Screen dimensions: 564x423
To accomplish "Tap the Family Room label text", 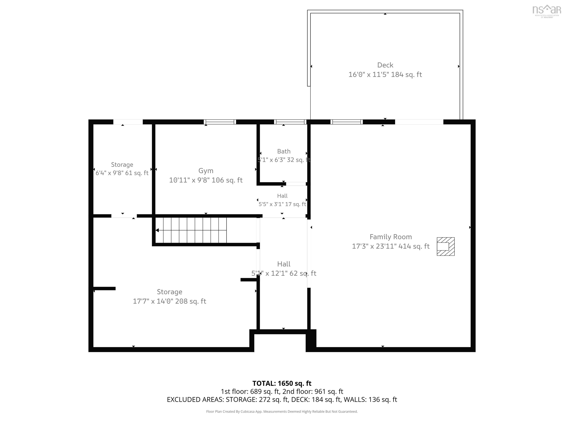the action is point(391,237).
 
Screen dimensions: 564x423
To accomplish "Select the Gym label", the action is point(206,171).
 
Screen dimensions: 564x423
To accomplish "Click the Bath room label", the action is point(284,151).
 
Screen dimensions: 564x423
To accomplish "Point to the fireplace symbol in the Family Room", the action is point(446,247).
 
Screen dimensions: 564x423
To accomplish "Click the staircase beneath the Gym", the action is point(191,230).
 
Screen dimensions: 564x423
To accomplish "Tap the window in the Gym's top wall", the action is point(220,122).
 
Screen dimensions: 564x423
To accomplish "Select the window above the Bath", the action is point(290,122).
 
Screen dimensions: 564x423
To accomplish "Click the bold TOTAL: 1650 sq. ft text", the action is point(282,384).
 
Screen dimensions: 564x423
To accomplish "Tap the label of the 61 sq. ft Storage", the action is point(122,165).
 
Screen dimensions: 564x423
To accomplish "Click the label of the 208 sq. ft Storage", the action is point(170,292).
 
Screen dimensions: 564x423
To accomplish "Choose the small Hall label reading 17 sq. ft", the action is point(282,196).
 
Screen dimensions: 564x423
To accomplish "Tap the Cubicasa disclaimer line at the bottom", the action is point(282,412).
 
